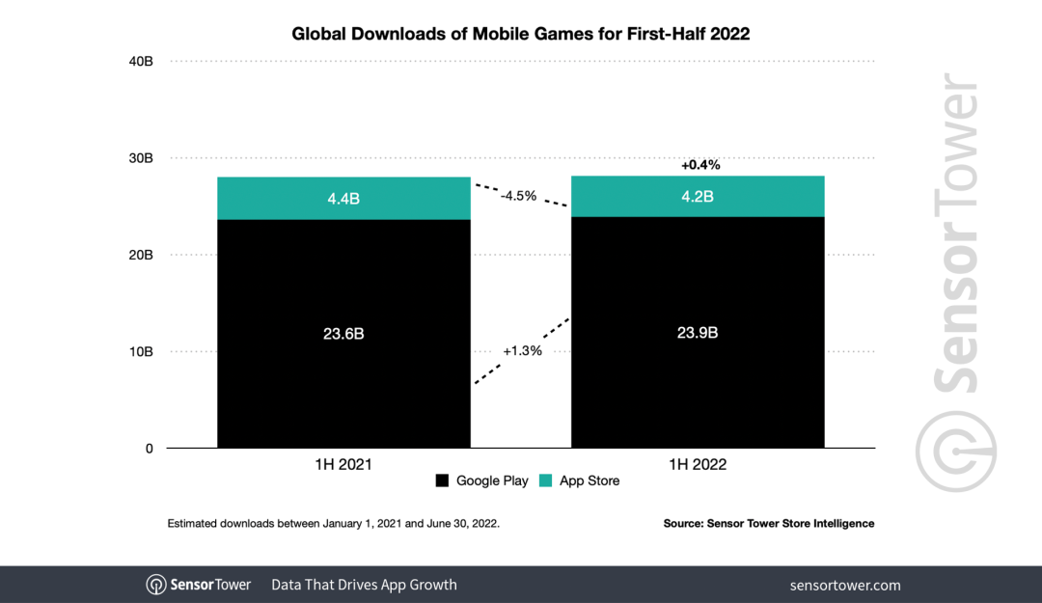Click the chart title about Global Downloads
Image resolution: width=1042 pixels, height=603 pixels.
[521, 34]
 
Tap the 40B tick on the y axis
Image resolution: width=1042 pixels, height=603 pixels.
[141, 62]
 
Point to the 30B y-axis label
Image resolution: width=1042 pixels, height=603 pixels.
[141, 158]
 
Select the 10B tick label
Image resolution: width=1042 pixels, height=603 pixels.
[141, 352]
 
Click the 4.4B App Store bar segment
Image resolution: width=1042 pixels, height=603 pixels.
[343, 199]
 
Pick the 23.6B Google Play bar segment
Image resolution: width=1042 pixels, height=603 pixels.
[343, 334]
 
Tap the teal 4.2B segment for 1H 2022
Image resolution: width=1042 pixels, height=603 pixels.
[698, 197]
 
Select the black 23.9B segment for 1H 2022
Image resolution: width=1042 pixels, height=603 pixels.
[698, 333]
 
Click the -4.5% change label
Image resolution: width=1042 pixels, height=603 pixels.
[519, 196]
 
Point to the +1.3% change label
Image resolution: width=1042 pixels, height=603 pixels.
[522, 351]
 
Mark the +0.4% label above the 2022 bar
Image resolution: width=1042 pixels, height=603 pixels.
[700, 165]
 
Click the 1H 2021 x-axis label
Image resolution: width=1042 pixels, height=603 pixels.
[343, 464]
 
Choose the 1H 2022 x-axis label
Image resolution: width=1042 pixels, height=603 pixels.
[698, 464]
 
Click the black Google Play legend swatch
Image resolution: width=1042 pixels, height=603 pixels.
[443, 480]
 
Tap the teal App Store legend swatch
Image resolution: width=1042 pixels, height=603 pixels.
[545, 480]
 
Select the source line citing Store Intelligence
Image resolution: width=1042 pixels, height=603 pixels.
[768, 523]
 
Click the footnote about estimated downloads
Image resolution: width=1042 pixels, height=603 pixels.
[333, 523]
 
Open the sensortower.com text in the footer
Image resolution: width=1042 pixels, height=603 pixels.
[845, 585]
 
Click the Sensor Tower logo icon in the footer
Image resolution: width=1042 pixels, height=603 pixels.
[156, 585]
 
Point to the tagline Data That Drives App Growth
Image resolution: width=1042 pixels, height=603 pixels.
[364, 585]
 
